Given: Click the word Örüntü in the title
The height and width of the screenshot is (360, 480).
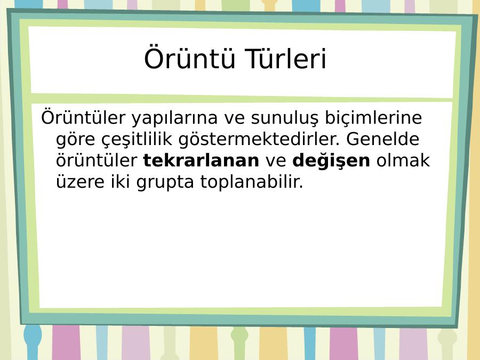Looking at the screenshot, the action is click(189, 58).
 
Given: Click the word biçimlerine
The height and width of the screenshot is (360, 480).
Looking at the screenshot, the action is click(373, 117).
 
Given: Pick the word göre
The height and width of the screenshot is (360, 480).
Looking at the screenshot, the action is click(75, 140).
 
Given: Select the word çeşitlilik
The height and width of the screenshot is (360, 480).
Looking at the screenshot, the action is click(137, 139).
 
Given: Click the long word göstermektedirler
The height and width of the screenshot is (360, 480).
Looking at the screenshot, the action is click(259, 139).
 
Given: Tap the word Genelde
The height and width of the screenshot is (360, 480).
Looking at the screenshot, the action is click(382, 139).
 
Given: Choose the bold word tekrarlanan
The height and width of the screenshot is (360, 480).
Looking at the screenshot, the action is click(201, 161).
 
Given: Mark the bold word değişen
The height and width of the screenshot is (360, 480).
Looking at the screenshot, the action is click(331, 161).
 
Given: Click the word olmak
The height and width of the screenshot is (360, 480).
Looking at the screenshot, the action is click(403, 160).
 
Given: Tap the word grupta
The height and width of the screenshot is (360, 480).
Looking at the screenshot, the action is click(165, 183).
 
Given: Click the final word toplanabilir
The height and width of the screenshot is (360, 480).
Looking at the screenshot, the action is click(252, 182).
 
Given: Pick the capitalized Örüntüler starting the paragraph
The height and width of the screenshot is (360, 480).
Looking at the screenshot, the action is click(83, 117).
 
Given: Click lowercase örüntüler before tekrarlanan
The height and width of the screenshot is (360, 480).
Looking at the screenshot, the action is click(97, 160).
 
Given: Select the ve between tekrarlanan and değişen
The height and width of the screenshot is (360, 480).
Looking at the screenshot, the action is click(276, 161).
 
